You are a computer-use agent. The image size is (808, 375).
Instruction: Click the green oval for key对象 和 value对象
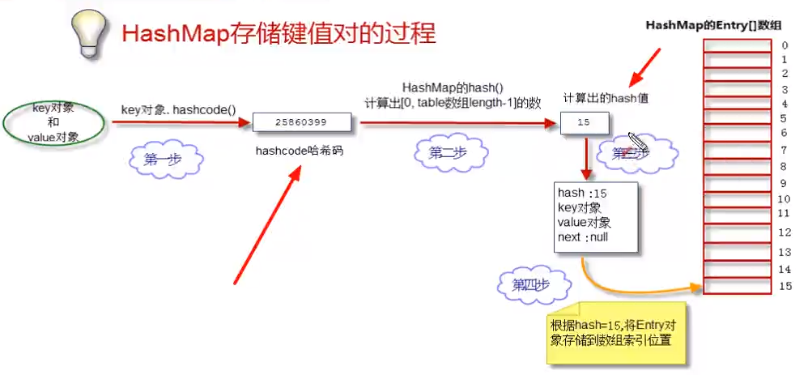[54, 122]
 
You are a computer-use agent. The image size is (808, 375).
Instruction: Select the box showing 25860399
[300, 122]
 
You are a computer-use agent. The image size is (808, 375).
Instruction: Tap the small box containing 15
[584, 123]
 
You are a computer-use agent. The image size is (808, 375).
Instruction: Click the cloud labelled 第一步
[163, 160]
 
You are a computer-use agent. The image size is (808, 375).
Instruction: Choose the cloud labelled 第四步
[533, 285]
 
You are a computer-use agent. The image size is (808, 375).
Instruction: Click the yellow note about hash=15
[615, 332]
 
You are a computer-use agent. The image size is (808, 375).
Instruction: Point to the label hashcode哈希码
[294, 151]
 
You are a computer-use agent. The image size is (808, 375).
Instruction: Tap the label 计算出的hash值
[606, 99]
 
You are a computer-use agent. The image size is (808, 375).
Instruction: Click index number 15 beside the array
[783, 286]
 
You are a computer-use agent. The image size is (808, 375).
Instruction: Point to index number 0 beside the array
[784, 45]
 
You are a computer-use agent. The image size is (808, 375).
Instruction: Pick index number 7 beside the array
[784, 150]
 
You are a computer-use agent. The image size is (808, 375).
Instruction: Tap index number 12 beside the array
[783, 232]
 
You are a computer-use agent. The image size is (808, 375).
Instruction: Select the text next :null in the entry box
[582, 237]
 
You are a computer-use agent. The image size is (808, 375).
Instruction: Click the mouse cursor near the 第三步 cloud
[636, 139]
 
